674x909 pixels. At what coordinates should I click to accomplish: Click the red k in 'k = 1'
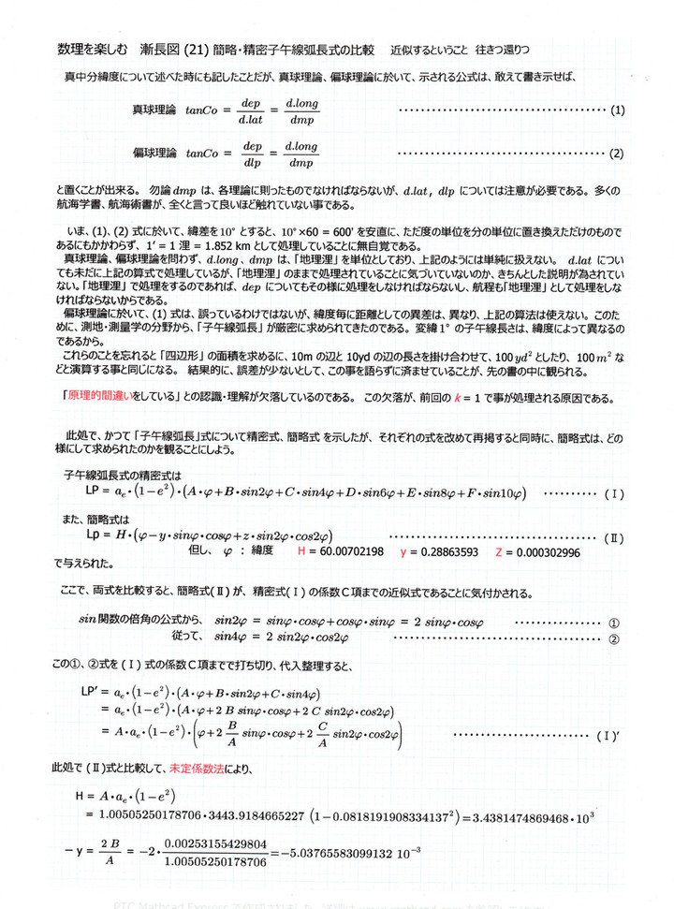[x=482, y=398]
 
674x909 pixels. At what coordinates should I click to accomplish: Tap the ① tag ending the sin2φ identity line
[x=615, y=623]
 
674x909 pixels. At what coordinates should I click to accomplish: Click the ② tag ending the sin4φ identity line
[x=615, y=640]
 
